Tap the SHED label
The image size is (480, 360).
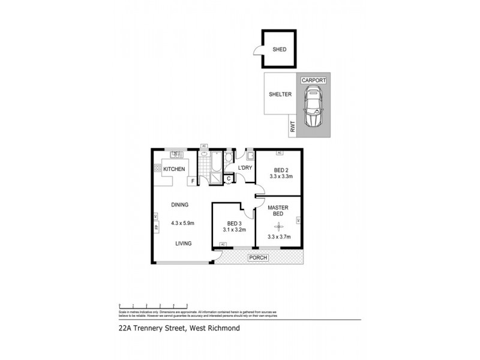pos(280,50)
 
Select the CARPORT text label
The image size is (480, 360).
pos(313,79)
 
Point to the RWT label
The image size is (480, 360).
pos(293,127)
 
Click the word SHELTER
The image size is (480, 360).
pos(280,94)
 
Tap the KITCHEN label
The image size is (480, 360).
pos(174,170)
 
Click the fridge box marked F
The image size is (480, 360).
pos(193,181)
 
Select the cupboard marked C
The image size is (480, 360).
pos(229,178)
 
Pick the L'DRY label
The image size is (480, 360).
pos(244,167)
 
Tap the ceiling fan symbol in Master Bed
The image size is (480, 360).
pos(277,226)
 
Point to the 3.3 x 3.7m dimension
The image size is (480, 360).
pos(278,237)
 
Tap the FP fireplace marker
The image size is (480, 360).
pos(156,227)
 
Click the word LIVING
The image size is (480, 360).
pos(184,244)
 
